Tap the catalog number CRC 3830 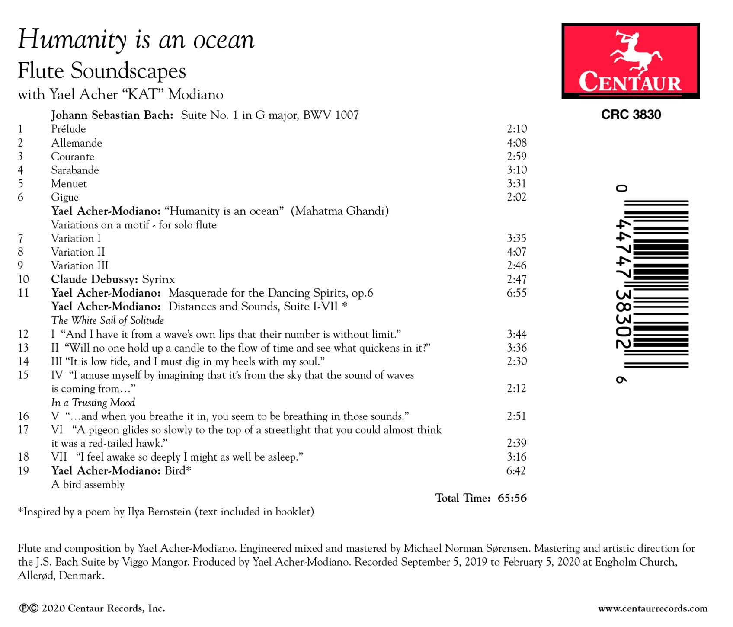pyautogui.click(x=631, y=115)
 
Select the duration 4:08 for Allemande pyautogui.click(x=516, y=143)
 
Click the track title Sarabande pyautogui.click(x=75, y=170)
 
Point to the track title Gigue pyautogui.click(x=65, y=197)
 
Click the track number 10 pyautogui.click(x=23, y=279)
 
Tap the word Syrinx pyautogui.click(x=158, y=279)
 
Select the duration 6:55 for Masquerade pyautogui.click(x=516, y=293)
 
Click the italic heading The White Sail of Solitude pyautogui.click(x=107, y=320)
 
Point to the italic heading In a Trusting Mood pyautogui.click(x=93, y=403)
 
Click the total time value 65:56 pyautogui.click(x=512, y=498)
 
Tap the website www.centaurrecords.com pyautogui.click(x=653, y=609)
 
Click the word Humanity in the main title pyautogui.click(x=72, y=40)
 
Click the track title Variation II pyautogui.click(x=78, y=252)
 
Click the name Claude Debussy pyautogui.click(x=94, y=279)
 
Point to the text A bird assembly pyautogui.click(x=88, y=485)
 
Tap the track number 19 pyautogui.click(x=23, y=470)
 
